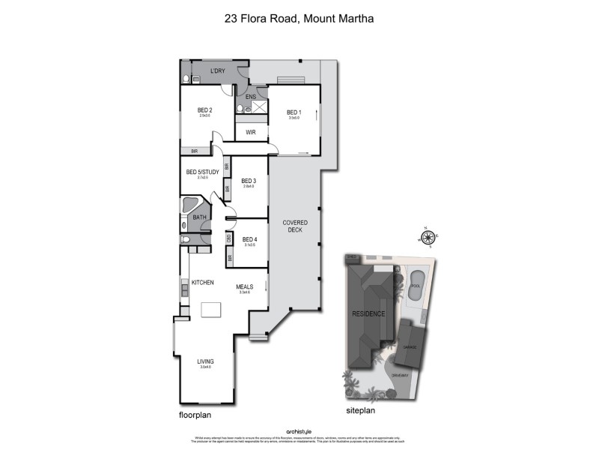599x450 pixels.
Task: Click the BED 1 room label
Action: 294,112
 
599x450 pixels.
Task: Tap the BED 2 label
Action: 205,110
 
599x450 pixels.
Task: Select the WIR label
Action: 252,133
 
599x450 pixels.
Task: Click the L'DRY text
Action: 218,71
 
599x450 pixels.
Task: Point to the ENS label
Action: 251,97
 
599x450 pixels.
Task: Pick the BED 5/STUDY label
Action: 202,172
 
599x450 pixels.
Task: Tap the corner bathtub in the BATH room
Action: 191,205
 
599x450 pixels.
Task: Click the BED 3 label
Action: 249,181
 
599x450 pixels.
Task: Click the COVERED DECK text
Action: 295,227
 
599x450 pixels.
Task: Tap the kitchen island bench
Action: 210,309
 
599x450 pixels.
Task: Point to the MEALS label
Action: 244,286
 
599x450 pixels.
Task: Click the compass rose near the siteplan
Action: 428,239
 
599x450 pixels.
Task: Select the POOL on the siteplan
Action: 416,283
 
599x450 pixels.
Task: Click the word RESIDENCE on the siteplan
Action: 369,313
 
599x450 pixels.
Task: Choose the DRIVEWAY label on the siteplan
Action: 399,375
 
